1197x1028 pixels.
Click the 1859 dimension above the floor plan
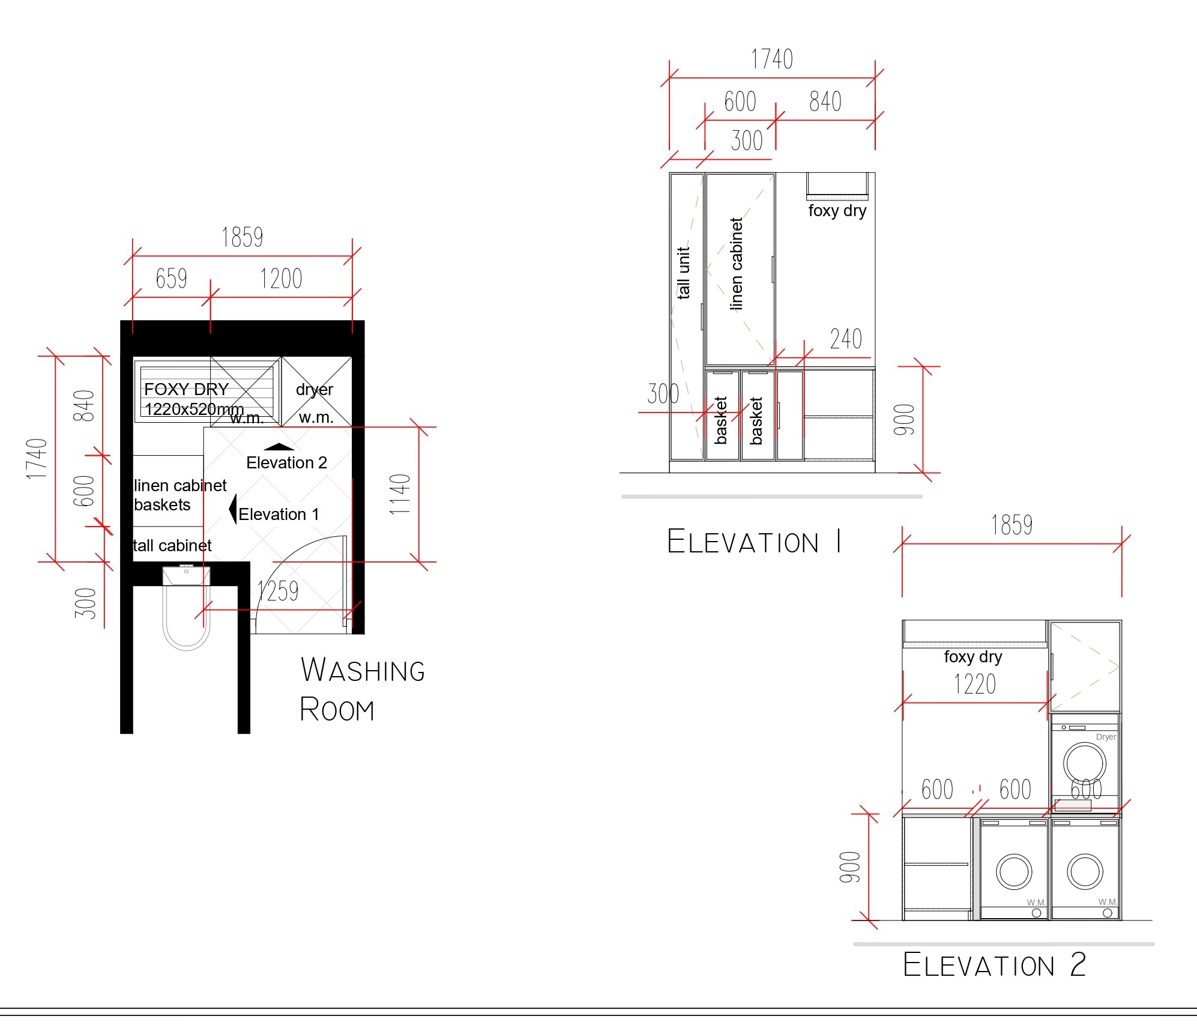pos(242,237)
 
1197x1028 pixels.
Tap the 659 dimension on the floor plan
pos(171,279)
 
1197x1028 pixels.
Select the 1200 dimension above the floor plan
pos(281,279)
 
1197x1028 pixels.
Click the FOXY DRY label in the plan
pos(186,389)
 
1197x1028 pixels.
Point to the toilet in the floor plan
pos(186,608)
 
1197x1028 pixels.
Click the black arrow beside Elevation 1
pos(233,509)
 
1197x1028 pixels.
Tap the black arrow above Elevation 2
pos(279,446)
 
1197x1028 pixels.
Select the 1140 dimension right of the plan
pos(400,494)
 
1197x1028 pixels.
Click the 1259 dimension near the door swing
pos(278,591)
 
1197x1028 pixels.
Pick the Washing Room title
pos(363,689)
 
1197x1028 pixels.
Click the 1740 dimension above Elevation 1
pos(772,59)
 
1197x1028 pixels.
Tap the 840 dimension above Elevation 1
pos(825,101)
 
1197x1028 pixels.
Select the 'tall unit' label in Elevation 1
pos(683,273)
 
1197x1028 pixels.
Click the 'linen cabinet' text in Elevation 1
pos(736,264)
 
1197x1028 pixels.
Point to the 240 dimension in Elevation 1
pos(846,339)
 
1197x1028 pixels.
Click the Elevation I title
pos(754,542)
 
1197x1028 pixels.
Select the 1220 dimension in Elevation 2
pos(975,684)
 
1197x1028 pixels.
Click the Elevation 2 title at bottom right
pos(995,965)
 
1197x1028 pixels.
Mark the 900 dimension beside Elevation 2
pos(850,866)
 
